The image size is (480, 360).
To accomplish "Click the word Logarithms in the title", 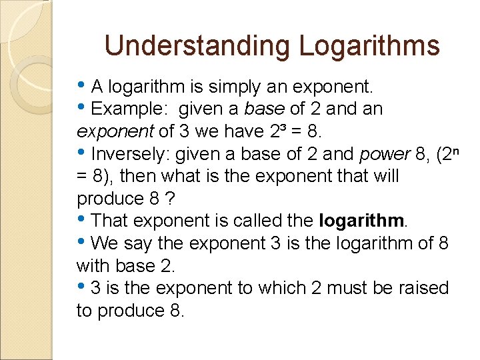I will point(369,46).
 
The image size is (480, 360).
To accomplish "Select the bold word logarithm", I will point(361,221).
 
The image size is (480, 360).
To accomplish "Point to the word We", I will point(104,243).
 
